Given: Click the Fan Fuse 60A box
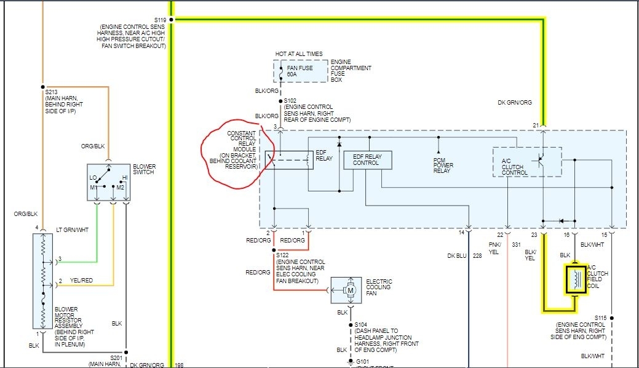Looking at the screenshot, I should [301, 71].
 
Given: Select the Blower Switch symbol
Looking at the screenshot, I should [108, 182].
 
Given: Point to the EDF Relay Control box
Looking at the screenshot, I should [367, 159].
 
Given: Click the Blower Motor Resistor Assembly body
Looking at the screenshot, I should [43, 280].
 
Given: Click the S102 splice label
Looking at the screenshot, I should [290, 100].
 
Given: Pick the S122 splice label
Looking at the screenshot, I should [283, 254].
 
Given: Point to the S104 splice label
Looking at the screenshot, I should [360, 324].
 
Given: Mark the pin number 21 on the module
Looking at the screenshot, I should [536, 126].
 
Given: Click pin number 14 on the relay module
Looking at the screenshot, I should [461, 233].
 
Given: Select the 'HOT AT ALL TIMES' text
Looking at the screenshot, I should [298, 54].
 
